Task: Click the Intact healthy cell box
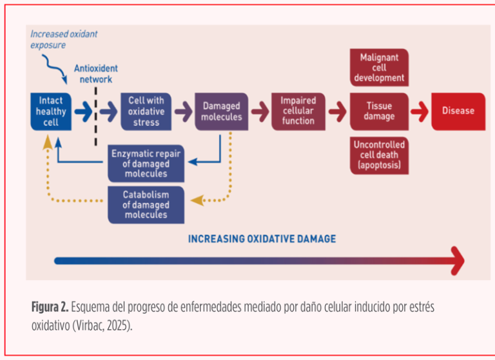pyautogui.click(x=51, y=111)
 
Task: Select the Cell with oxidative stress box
pyautogui.click(x=146, y=111)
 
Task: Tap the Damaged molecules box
pyautogui.click(x=221, y=111)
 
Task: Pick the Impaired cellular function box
pyautogui.click(x=298, y=111)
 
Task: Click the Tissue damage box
pyautogui.click(x=379, y=111)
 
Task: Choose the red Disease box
pyautogui.click(x=458, y=111)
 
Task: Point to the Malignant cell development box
pyautogui.click(x=379, y=68)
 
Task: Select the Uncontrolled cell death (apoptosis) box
pyautogui.click(x=379, y=155)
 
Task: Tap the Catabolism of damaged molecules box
pyautogui.click(x=146, y=205)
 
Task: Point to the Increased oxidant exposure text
pyautogui.click(x=63, y=39)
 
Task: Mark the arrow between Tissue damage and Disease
pyautogui.click(x=419, y=111)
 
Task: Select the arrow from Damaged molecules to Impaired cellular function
pyautogui.click(x=259, y=111)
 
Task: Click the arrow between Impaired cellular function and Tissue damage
pyautogui.click(x=337, y=111)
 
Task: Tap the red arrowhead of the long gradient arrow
pyautogui.click(x=457, y=261)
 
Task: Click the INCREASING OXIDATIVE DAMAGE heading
pyautogui.click(x=262, y=239)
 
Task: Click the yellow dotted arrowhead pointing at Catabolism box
pyautogui.click(x=196, y=201)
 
